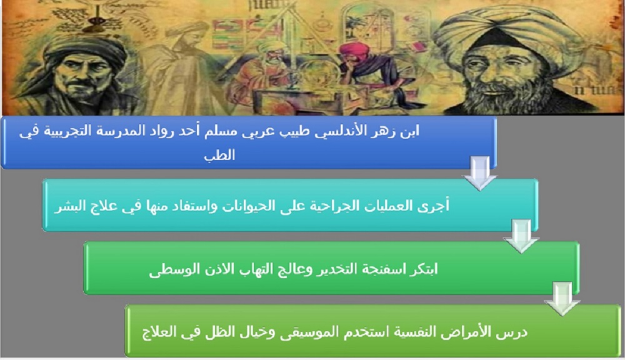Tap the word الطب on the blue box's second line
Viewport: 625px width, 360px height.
(x=219, y=155)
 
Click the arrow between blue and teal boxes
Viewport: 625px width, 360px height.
(x=479, y=172)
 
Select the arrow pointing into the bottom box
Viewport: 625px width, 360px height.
(x=562, y=298)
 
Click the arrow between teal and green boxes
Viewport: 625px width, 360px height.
(x=521, y=236)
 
